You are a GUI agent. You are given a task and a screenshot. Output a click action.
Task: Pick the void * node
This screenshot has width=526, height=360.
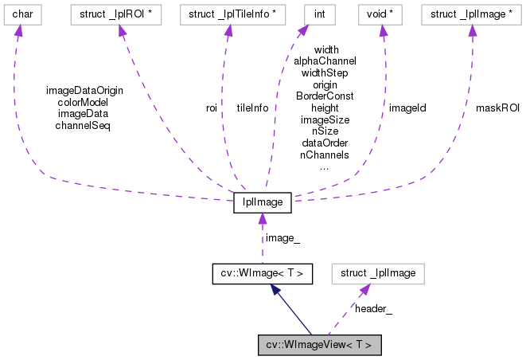(x=383, y=14)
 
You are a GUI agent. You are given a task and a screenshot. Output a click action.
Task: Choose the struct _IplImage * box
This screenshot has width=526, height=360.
(x=472, y=14)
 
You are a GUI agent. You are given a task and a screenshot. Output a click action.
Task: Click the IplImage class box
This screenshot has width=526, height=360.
(x=263, y=202)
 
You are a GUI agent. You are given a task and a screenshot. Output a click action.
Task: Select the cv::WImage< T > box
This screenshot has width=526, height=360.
(x=263, y=273)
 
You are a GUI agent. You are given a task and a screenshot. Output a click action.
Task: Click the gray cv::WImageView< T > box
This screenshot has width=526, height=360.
(x=320, y=345)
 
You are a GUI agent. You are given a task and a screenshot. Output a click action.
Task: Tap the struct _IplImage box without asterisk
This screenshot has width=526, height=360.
(x=378, y=273)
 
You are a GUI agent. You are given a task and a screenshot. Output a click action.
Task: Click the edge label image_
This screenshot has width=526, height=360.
(x=282, y=237)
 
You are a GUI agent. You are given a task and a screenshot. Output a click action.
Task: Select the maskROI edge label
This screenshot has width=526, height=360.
(x=497, y=108)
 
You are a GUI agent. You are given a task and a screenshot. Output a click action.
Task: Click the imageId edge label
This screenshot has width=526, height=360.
(x=407, y=108)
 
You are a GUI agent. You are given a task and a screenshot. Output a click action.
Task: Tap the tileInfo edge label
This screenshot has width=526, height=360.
(x=252, y=108)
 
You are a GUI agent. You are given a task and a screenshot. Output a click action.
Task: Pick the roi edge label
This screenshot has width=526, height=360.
(x=212, y=108)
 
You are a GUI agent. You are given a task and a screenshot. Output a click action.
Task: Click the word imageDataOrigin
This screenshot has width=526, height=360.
(x=84, y=89)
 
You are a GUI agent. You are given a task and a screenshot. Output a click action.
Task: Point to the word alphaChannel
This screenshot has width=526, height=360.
(x=325, y=61)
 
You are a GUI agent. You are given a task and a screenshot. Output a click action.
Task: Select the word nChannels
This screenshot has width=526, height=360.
(x=325, y=155)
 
